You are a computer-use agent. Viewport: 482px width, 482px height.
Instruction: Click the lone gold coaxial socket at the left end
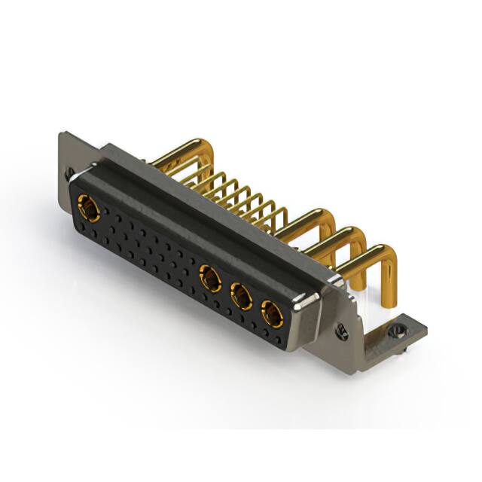click(x=88, y=209)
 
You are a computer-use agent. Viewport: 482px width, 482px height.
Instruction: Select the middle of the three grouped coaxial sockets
click(x=241, y=296)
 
